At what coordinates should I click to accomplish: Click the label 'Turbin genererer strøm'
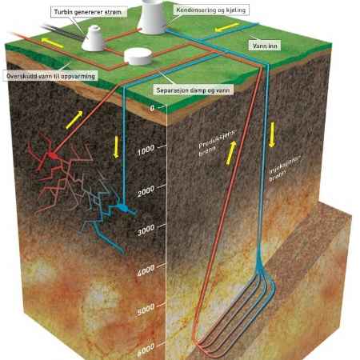(x=88, y=12)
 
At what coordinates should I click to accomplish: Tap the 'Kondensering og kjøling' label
(x=210, y=10)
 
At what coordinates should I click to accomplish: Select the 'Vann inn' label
(x=265, y=46)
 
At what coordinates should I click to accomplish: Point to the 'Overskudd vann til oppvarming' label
(x=50, y=76)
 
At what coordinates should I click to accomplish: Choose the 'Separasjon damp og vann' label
(x=193, y=90)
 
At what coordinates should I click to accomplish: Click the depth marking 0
(x=152, y=108)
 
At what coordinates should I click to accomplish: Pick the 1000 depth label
(x=146, y=150)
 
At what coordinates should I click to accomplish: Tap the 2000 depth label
(x=146, y=190)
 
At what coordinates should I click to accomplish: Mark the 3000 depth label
(x=146, y=230)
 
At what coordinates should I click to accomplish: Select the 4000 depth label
(x=146, y=270)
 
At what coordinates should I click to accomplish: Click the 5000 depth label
(x=146, y=310)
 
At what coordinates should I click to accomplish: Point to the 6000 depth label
(x=146, y=350)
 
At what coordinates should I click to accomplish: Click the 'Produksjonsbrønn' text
(x=217, y=143)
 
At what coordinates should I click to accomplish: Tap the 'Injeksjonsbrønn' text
(x=284, y=168)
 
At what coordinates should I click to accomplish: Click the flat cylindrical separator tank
(x=138, y=57)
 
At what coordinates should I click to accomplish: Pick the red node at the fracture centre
(x=53, y=155)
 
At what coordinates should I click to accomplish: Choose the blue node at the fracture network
(x=123, y=207)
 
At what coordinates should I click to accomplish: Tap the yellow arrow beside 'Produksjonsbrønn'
(x=231, y=153)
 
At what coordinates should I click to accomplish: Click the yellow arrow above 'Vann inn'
(x=226, y=27)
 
